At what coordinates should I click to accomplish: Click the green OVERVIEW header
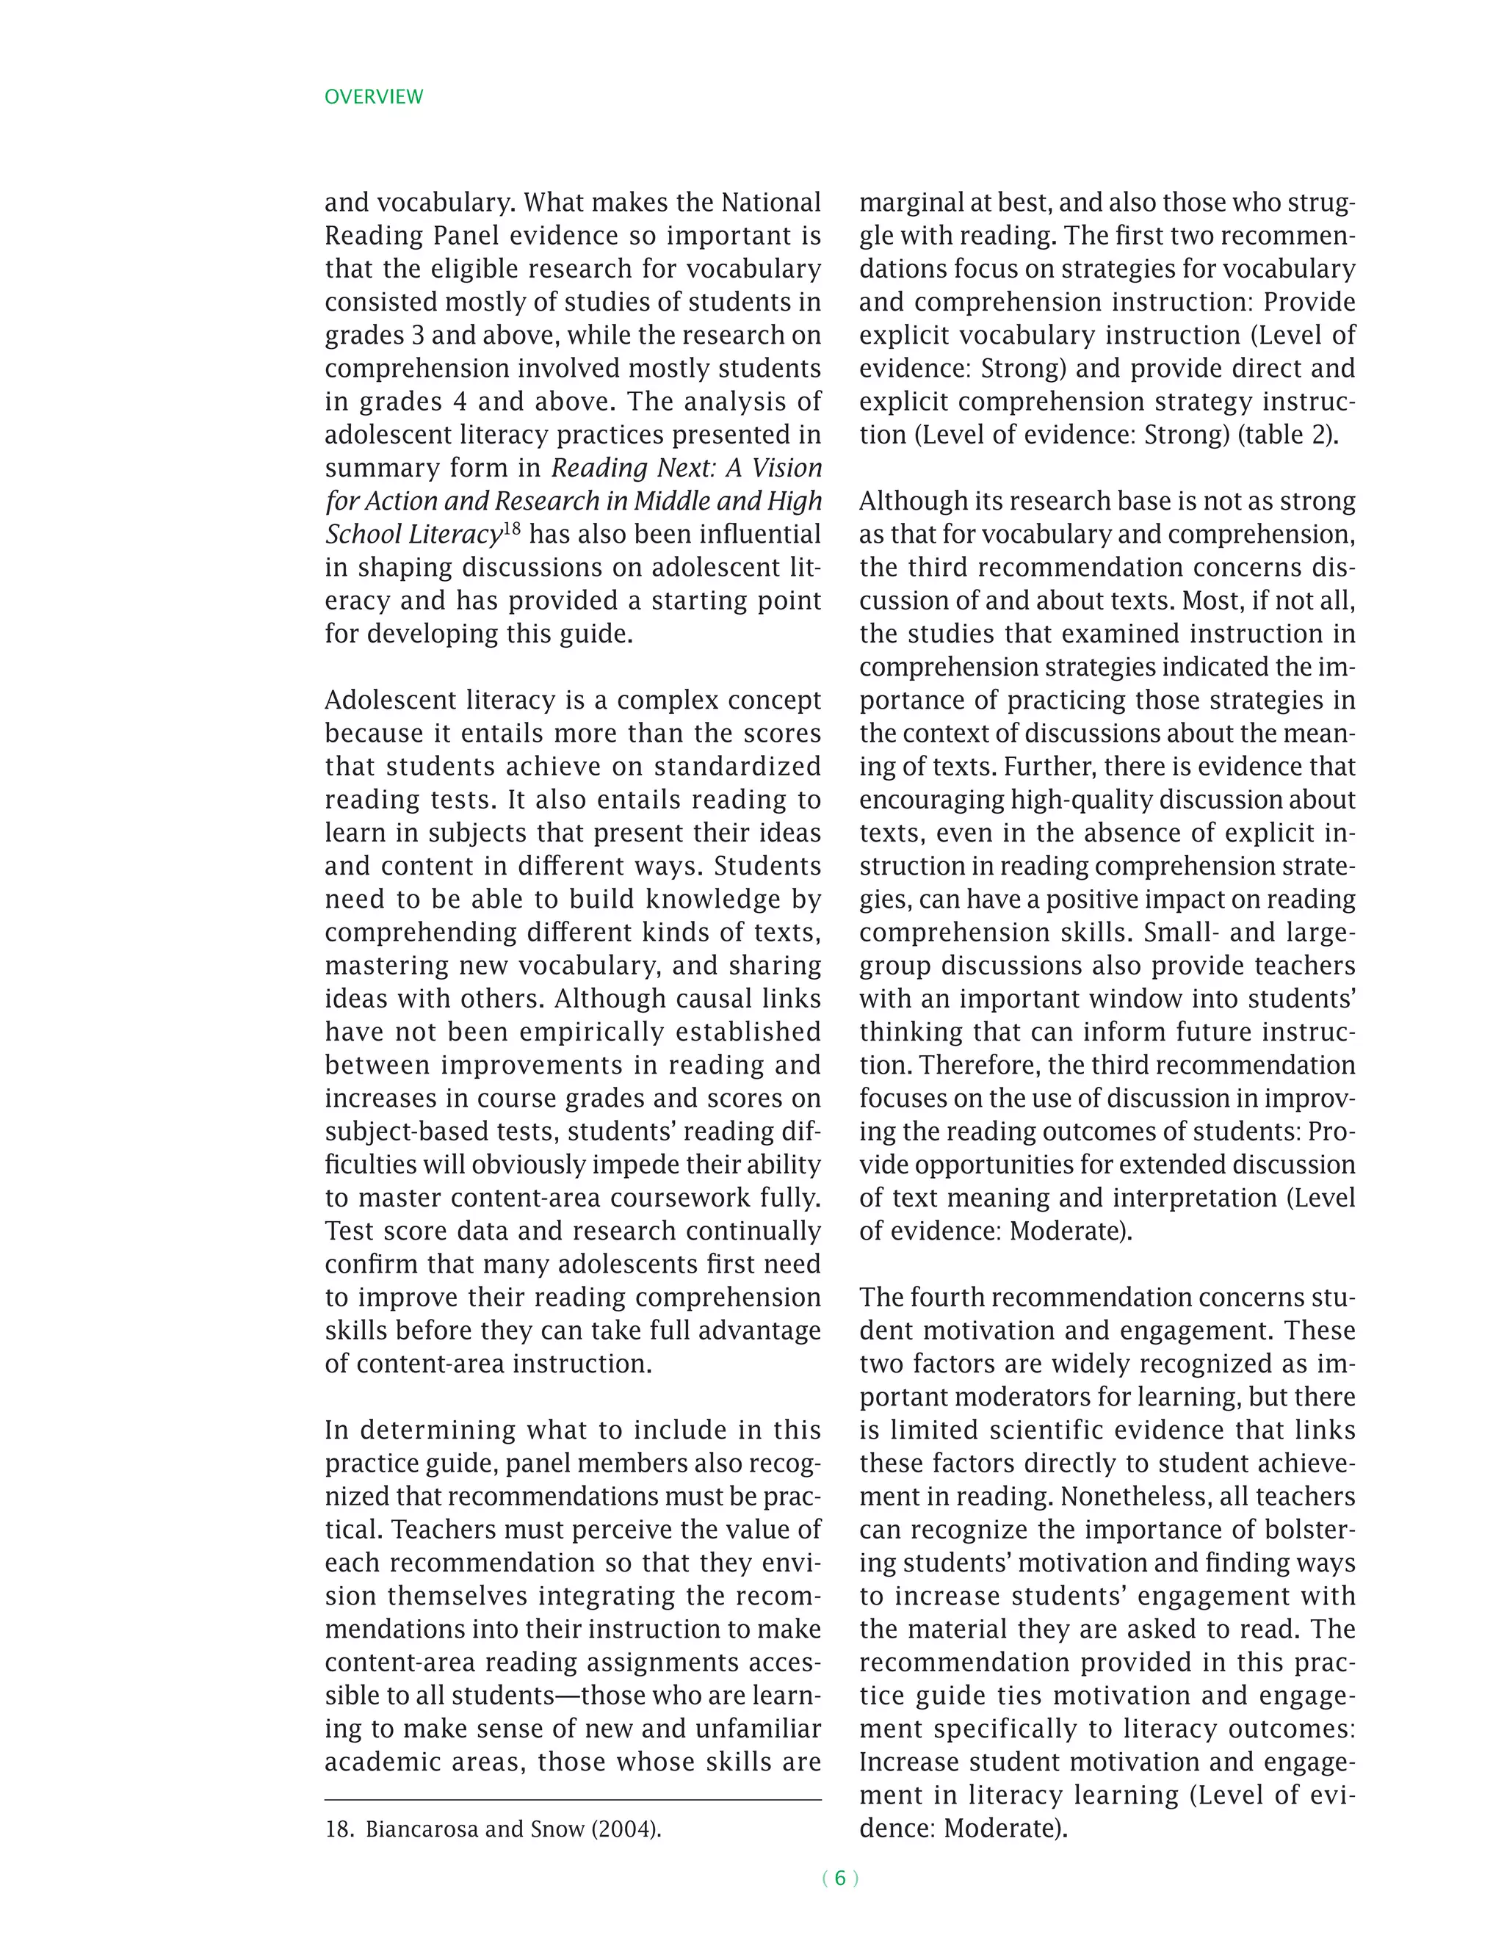pos(373,96)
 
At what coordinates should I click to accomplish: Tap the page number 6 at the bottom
pos(839,1878)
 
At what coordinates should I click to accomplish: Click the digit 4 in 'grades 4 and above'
pos(460,401)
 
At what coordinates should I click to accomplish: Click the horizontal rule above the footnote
pos(572,1799)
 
